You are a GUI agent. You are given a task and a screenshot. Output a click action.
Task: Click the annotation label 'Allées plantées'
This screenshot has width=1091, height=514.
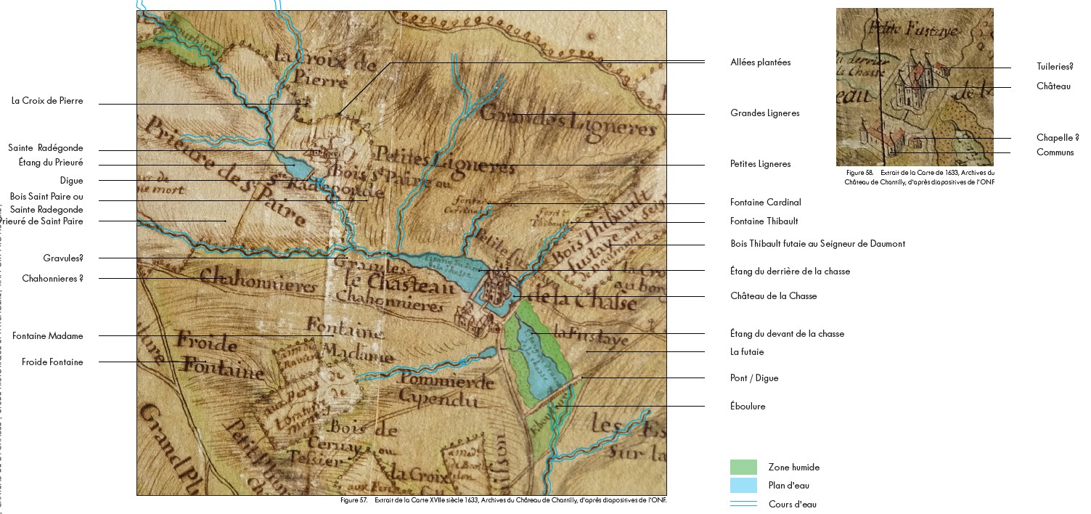pyautogui.click(x=760, y=62)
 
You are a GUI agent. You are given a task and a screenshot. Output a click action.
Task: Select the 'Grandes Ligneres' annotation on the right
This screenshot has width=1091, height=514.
pyautogui.click(x=764, y=113)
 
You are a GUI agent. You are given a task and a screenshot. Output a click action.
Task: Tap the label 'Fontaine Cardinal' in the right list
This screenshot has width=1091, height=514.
pyautogui.click(x=765, y=203)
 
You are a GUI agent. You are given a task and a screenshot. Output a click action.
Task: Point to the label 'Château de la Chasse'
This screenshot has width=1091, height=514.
pyautogui.click(x=773, y=296)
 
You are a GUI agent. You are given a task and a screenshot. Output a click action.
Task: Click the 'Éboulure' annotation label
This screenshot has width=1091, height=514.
pyautogui.click(x=748, y=407)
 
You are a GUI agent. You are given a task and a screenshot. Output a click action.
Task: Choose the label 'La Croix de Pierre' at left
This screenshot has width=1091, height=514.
pyautogui.click(x=47, y=101)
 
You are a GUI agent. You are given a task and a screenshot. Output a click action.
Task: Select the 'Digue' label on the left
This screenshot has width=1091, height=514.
pyautogui.click(x=71, y=181)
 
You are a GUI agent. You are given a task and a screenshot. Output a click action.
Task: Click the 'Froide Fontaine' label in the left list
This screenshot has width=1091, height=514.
pyautogui.click(x=52, y=362)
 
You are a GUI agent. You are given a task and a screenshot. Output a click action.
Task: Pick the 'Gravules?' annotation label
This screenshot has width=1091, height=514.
pyautogui.click(x=62, y=258)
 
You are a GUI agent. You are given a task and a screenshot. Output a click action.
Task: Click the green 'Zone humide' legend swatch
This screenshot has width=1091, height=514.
pyautogui.click(x=743, y=467)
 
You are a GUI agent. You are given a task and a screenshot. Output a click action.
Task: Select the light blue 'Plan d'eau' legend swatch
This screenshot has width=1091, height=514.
pyautogui.click(x=743, y=486)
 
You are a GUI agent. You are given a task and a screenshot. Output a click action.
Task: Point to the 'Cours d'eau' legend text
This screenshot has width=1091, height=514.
pyautogui.click(x=792, y=505)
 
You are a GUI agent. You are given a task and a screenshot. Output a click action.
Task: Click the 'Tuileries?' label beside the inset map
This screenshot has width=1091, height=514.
pyautogui.click(x=1054, y=67)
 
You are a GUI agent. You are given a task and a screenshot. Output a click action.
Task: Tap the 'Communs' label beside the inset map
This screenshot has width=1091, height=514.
pyautogui.click(x=1055, y=152)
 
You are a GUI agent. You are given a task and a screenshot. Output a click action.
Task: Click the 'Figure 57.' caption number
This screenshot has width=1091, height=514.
pyautogui.click(x=354, y=500)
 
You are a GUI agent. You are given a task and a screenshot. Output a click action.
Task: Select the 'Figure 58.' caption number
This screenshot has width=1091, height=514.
pyautogui.click(x=859, y=173)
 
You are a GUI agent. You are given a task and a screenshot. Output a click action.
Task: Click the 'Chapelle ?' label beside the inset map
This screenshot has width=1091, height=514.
pyautogui.click(x=1057, y=138)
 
